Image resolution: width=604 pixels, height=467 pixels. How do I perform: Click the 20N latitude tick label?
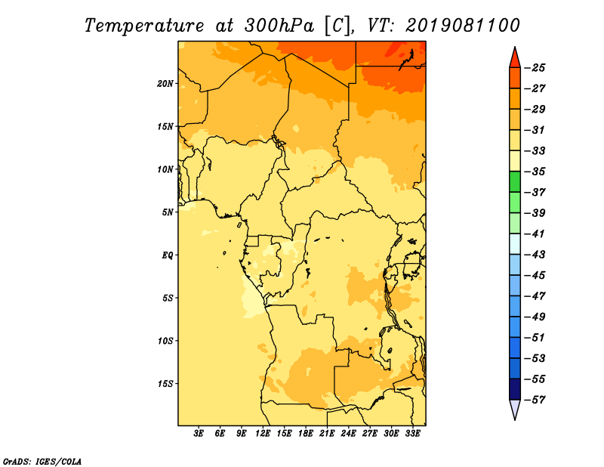point(165,84)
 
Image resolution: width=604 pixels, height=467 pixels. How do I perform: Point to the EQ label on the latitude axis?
point(168,255)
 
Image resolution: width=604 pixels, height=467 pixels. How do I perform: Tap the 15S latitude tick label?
point(165,384)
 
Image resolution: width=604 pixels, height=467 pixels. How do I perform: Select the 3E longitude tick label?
point(199,434)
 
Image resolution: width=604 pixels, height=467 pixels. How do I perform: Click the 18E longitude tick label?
point(306,434)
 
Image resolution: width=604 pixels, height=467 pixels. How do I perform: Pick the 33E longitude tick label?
point(412,434)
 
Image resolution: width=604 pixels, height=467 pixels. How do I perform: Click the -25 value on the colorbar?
point(535,68)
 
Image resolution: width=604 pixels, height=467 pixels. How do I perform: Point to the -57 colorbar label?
point(535,400)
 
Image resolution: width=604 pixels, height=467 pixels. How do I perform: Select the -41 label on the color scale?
point(535,233)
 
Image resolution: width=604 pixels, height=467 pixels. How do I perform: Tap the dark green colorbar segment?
point(515,181)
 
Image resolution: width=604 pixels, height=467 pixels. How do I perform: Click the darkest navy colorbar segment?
point(515,389)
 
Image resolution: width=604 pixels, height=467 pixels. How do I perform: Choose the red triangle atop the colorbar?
point(515,58)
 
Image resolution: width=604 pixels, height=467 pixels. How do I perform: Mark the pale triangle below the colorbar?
point(515,410)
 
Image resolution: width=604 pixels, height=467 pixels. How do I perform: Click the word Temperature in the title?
point(144,26)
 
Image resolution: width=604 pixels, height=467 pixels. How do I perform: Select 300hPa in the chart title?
point(279,26)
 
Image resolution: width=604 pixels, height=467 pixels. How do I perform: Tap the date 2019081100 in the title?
point(462,25)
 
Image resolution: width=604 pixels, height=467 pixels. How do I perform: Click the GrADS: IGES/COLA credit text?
point(42,462)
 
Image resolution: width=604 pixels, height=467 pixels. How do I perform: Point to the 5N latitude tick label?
point(168,212)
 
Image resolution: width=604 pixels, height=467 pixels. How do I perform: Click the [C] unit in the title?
point(337,26)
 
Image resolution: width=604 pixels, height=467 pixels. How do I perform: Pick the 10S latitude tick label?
point(165,341)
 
